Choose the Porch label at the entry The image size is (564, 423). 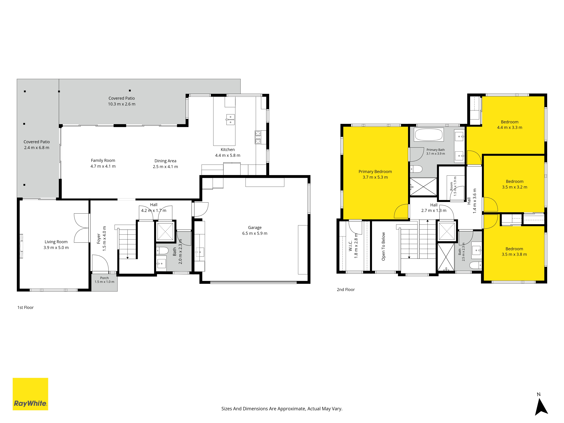click(104, 280)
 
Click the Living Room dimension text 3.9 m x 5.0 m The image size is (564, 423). click(56, 248)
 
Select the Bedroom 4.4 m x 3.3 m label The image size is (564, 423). click(510, 125)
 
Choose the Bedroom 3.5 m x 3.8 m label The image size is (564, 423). click(514, 251)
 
